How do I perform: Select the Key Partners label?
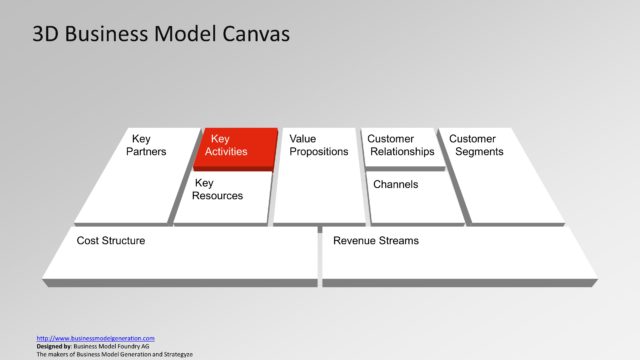[146, 145]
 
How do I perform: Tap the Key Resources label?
[218, 189]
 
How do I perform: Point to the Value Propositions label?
[318, 145]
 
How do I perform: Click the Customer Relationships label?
[400, 145]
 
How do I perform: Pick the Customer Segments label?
[475, 145]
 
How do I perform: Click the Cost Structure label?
[111, 241]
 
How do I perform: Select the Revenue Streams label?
[376, 241]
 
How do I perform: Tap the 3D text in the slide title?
[46, 34]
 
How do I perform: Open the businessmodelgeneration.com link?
[95, 338]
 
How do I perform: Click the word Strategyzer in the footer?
[177, 354]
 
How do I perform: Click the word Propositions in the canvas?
[318, 152]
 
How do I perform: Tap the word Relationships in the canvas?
[402, 152]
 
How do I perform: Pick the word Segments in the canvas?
[479, 152]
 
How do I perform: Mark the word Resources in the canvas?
[218, 196]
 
